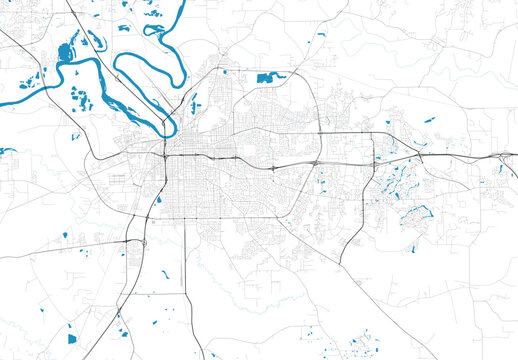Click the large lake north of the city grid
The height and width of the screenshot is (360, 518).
(x=267, y=76)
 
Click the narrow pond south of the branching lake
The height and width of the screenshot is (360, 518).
(x=412, y=249)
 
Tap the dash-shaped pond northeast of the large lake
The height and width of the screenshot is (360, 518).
(x=321, y=36)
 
